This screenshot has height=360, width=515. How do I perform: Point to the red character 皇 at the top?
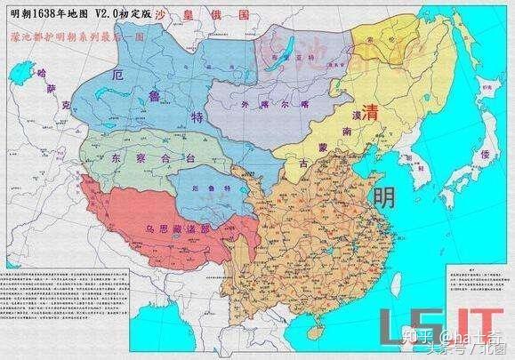[193, 15]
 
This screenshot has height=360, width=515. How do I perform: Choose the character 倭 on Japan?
[485, 156]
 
